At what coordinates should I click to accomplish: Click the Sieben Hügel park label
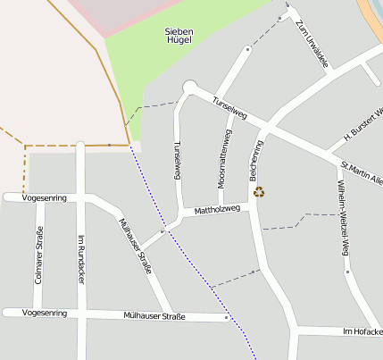click(179, 37)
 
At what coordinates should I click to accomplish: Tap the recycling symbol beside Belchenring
click(259, 191)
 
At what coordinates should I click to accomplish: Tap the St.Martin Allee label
click(361, 172)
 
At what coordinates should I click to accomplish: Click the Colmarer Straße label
click(39, 255)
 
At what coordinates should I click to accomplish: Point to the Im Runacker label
click(81, 259)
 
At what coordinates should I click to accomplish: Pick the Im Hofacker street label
click(362, 331)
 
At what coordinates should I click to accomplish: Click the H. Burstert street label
click(362, 126)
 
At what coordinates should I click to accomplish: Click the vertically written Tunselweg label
click(178, 160)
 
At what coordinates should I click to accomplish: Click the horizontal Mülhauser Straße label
click(154, 316)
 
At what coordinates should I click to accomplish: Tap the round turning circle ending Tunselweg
click(189, 87)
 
